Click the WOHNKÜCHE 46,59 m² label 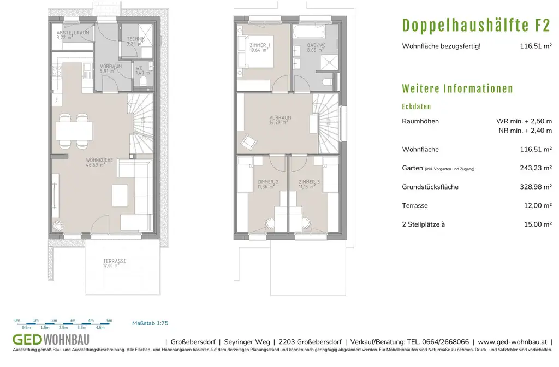[99, 163]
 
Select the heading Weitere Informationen [457, 88]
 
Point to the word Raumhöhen [420, 121]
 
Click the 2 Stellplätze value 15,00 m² [538, 224]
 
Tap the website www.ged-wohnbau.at [512, 342]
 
